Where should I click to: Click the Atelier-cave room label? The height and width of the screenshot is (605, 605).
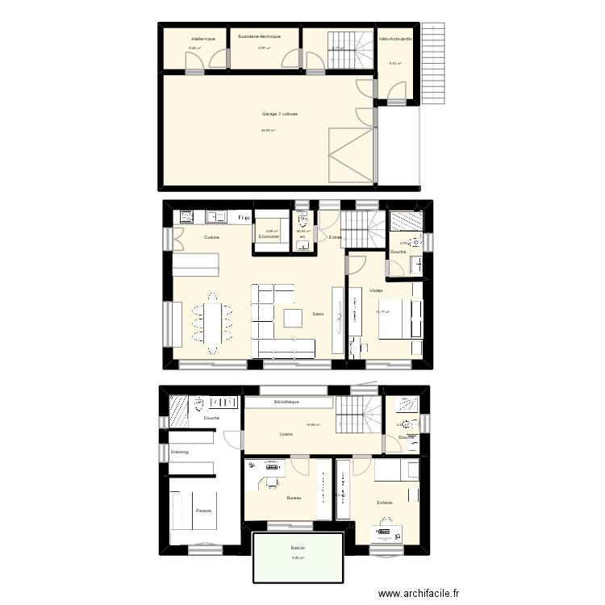203,39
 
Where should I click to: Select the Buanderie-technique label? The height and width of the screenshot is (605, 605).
258,37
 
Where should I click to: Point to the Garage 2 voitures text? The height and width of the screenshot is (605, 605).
280,115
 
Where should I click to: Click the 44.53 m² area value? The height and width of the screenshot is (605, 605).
269,131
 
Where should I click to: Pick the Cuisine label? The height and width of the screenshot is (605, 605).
212,237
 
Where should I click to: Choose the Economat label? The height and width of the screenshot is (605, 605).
269,237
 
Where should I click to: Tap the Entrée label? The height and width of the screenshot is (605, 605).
336,237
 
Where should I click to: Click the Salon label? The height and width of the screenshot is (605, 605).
318,314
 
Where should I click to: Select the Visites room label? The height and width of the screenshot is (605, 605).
376,290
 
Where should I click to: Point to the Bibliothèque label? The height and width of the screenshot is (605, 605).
286,402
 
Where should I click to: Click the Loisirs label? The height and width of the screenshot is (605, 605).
286,434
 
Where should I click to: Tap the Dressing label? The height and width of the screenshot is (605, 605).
179,452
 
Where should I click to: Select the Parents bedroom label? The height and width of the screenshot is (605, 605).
204,511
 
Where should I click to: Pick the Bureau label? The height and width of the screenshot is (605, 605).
294,499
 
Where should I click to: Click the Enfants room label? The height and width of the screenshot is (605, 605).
385,503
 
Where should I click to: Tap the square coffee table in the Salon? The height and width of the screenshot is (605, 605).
291,319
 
